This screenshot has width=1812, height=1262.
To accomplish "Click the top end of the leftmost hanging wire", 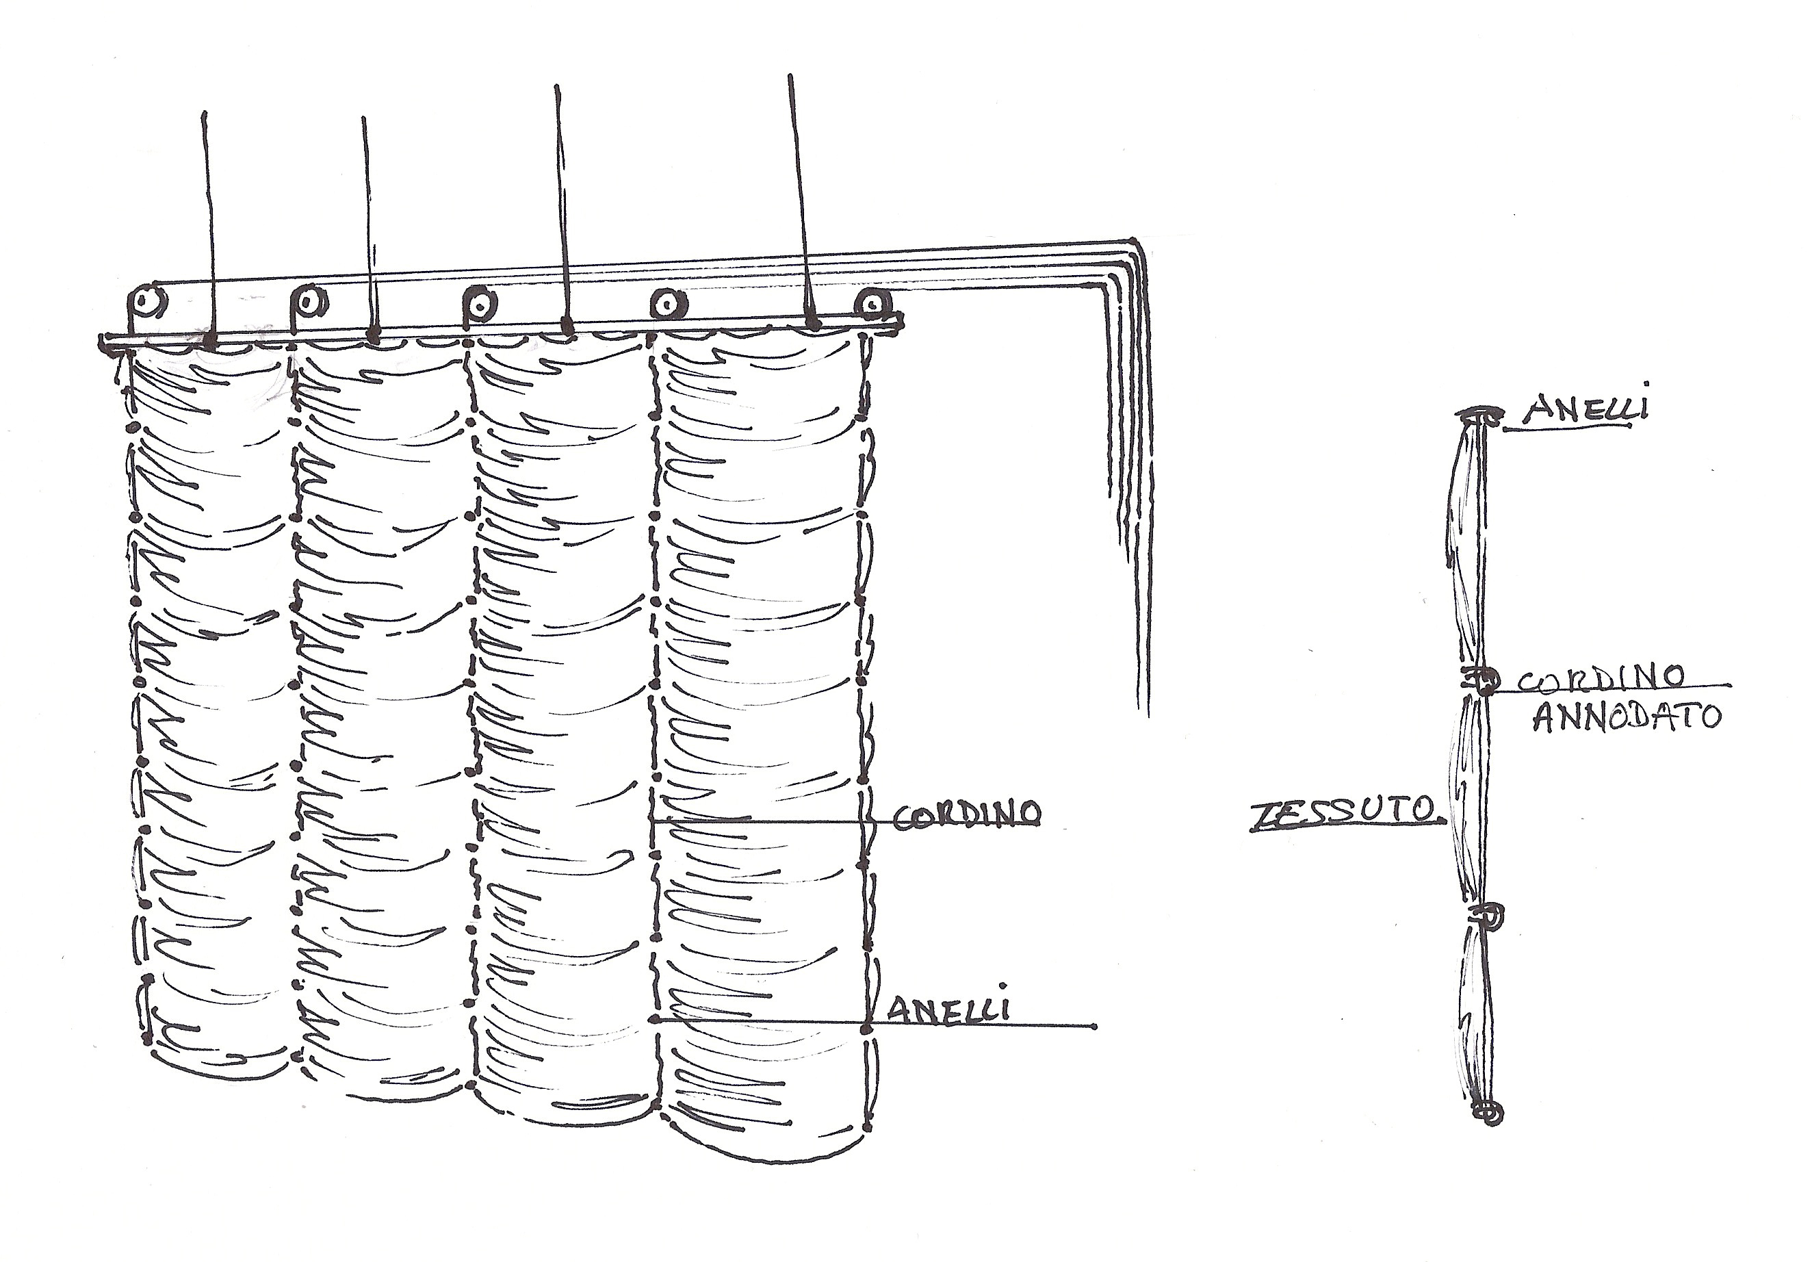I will click(205, 113).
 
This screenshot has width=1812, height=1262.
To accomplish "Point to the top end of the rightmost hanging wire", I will click(790, 77).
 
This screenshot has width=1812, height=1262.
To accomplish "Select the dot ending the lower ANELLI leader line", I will click(1093, 1027).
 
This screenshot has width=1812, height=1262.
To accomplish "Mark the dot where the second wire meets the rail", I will click(375, 334).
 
